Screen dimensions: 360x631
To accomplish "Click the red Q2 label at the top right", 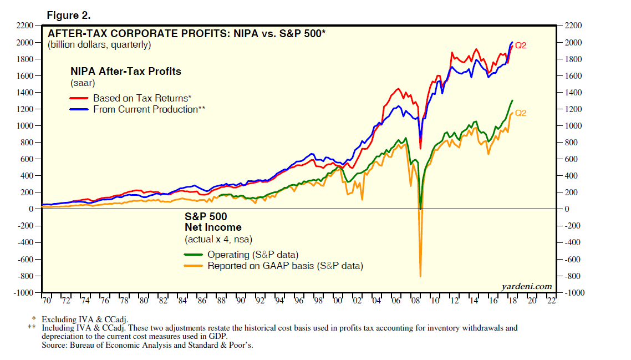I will click(521, 45).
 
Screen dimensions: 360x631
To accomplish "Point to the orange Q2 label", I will click(521, 113).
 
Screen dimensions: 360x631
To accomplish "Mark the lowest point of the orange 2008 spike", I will click(420, 276).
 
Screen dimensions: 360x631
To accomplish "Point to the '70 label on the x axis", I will click(46, 301).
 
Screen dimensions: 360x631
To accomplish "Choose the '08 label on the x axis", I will click(415, 301).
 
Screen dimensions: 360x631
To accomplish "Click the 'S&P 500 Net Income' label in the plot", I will click(213, 222).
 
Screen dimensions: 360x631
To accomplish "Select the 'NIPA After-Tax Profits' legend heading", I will click(125, 72).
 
